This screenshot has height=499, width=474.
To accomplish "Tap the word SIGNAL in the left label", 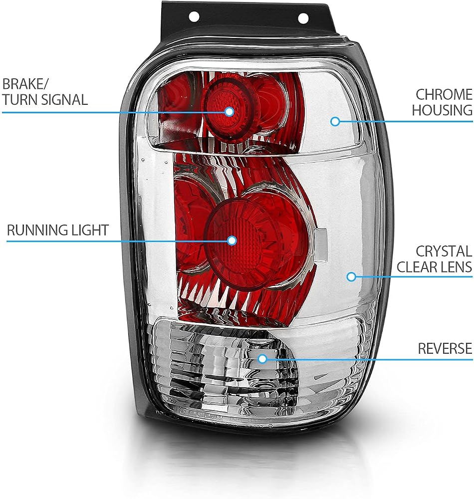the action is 64,100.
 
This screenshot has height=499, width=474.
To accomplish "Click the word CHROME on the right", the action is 444,94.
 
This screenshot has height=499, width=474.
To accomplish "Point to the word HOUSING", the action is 442,110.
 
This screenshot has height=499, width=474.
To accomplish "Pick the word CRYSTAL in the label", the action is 444,251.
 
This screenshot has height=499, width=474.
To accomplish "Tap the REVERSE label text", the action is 445,348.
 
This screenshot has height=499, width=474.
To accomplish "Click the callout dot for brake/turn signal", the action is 229,112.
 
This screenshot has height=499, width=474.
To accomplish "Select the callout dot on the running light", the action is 232,241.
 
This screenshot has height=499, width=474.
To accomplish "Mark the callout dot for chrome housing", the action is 335,121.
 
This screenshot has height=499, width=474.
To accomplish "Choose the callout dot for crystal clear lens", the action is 351,276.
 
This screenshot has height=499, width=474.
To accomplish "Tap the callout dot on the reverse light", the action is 262,359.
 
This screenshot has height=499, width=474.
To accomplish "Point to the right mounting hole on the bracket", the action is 303,18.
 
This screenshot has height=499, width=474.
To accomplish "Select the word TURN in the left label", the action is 20,100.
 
